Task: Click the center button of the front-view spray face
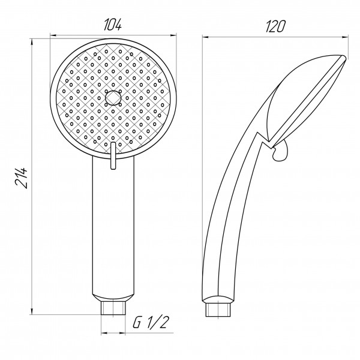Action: (112, 97)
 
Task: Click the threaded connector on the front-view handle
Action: (112, 308)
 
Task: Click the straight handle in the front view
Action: (112, 228)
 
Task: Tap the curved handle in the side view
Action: (225, 228)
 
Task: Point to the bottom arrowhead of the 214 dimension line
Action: (31, 313)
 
